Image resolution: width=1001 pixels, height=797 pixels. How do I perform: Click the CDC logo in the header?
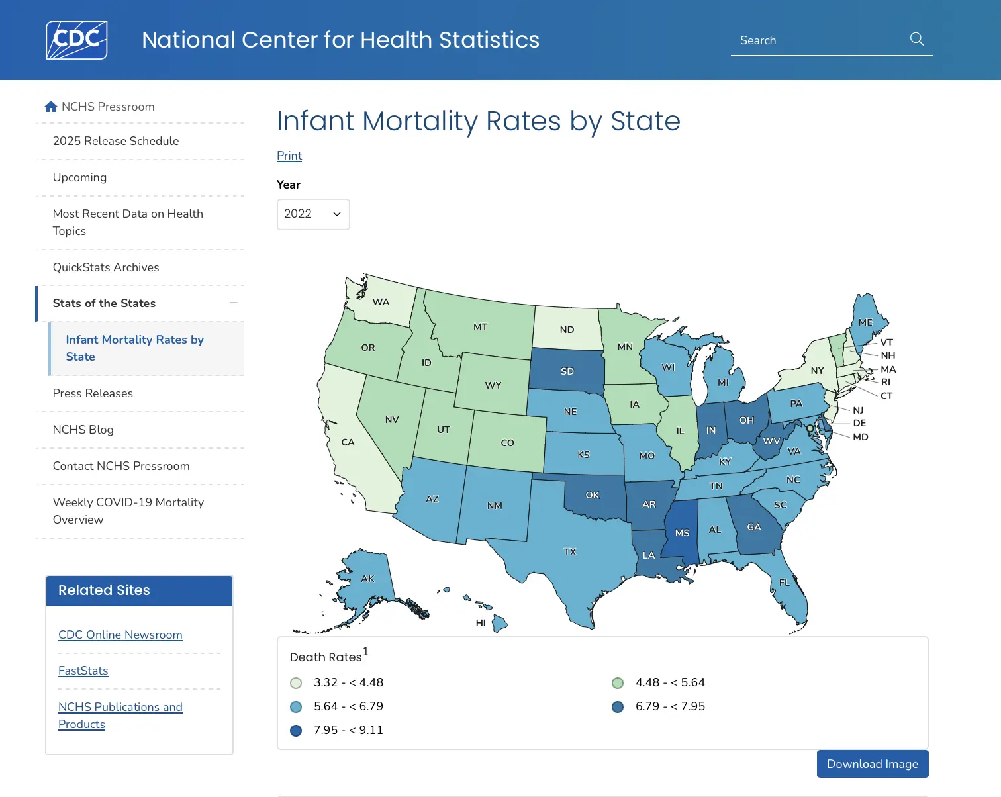[77, 40]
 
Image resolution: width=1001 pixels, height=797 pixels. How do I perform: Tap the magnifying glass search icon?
[917, 39]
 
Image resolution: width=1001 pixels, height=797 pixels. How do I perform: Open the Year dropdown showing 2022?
[313, 214]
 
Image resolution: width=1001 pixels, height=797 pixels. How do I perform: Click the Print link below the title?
[289, 156]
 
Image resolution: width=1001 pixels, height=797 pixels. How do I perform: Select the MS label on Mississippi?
[682, 533]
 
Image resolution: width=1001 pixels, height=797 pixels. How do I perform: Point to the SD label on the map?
[567, 371]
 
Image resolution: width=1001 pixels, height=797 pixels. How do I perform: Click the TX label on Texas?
[570, 552]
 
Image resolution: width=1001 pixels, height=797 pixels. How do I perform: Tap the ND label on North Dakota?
[567, 330]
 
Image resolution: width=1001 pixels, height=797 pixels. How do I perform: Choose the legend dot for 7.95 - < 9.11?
[296, 731]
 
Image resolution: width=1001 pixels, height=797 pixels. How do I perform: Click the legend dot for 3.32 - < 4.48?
[296, 683]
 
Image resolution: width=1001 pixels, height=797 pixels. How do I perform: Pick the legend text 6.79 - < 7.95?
[670, 706]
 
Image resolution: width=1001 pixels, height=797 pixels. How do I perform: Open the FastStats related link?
[83, 671]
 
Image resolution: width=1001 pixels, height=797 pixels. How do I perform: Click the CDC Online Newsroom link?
[120, 635]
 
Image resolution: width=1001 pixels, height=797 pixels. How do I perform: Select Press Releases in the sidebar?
[93, 393]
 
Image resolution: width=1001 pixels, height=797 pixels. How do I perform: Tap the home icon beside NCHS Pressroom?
[51, 107]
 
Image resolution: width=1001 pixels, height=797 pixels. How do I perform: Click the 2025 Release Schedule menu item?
[116, 141]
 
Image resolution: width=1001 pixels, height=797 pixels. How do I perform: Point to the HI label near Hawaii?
[481, 623]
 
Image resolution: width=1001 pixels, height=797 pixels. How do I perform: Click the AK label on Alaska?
[367, 579]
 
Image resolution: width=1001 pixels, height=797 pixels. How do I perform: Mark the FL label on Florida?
[785, 583]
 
